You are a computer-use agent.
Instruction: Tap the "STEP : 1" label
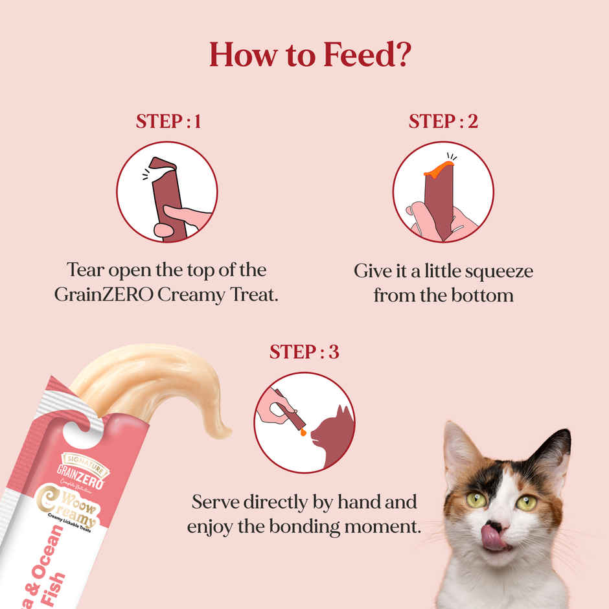[168, 121]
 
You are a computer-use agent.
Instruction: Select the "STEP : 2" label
[443, 121]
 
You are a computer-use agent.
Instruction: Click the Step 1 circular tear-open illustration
[167, 192]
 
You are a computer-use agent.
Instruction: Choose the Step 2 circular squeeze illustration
[443, 192]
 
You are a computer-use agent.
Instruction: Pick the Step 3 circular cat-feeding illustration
[304, 422]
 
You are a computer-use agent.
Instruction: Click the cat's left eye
[476, 500]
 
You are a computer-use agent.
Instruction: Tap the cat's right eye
[525, 503]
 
